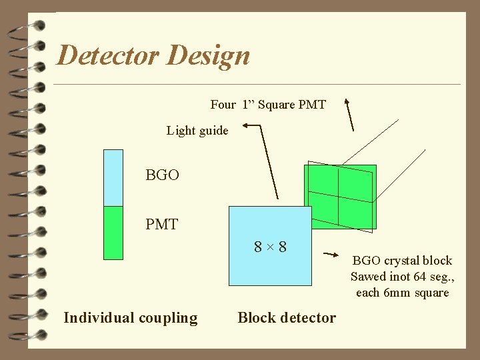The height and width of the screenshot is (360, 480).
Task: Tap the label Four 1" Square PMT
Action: pos(268,105)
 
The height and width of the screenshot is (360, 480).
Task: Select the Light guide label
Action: pos(197,131)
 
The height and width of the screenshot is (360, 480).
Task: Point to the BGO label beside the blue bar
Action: pos(162,175)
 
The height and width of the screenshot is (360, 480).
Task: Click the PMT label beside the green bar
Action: pos(161,225)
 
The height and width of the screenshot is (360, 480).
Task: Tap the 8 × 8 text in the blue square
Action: pos(270,247)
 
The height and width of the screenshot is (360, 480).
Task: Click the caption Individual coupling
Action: pos(131,318)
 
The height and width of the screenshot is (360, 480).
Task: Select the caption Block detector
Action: pos(287,318)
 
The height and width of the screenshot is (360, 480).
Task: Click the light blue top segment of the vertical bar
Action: pos(113,177)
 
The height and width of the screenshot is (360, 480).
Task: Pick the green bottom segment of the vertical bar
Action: pos(113,232)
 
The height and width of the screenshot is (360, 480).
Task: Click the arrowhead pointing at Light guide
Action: pos(247,125)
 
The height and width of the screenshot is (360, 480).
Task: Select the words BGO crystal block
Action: pos(401,261)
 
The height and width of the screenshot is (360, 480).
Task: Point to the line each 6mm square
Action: pos(402,293)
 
